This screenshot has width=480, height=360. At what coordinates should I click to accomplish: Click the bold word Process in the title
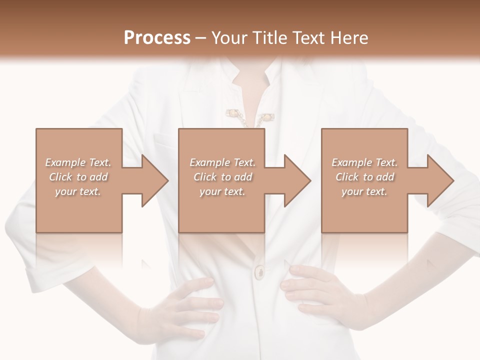click(x=157, y=37)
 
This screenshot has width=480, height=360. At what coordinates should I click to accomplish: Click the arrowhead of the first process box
click(x=154, y=180)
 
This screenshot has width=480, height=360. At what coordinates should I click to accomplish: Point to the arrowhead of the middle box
click(x=297, y=180)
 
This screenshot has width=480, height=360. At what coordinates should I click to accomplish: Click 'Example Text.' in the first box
click(x=78, y=162)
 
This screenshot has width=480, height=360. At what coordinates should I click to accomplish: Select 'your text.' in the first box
click(x=78, y=191)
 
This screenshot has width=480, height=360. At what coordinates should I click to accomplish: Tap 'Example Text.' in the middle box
click(x=222, y=162)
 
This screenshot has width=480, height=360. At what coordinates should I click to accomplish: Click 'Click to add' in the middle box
click(x=222, y=177)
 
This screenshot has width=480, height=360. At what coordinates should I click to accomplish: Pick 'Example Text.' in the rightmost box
click(x=364, y=162)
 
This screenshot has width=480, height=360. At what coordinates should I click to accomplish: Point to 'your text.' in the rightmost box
click(x=364, y=191)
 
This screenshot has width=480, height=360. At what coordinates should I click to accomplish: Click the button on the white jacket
click(x=260, y=271)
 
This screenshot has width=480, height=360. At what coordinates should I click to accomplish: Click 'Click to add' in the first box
click(x=78, y=177)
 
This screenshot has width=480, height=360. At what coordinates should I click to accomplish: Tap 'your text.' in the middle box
click(x=222, y=191)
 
